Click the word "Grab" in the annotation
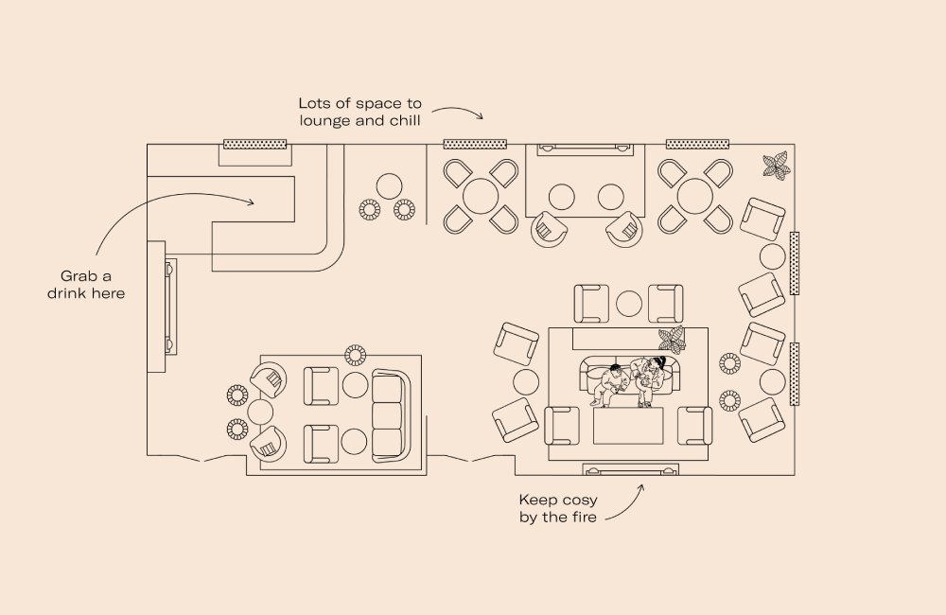click(x=79, y=275)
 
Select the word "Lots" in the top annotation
click(x=315, y=103)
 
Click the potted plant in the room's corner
click(x=776, y=166)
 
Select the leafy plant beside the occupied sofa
click(x=672, y=338)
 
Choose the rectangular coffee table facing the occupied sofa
click(x=627, y=426)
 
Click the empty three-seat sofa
click(x=388, y=413)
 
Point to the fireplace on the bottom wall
click(x=631, y=470)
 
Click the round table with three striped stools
click(x=388, y=185)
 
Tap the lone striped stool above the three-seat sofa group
click(x=356, y=355)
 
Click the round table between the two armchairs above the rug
click(x=628, y=304)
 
